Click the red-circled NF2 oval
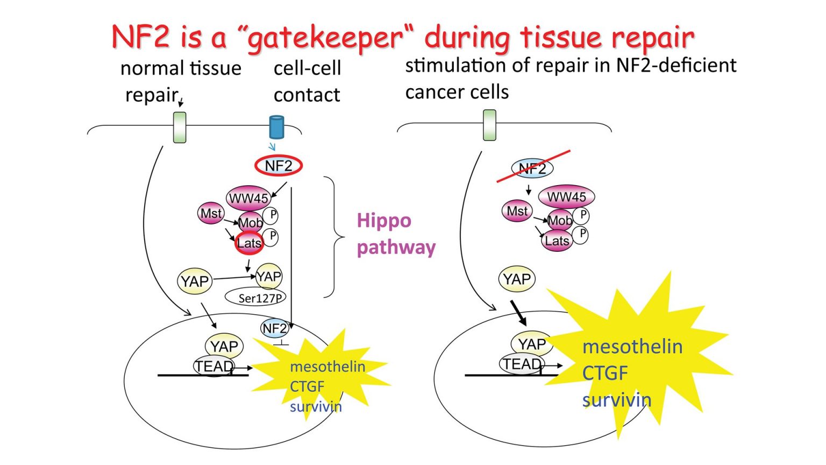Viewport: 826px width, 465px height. point(279,166)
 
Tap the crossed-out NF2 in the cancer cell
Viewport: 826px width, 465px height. point(532,168)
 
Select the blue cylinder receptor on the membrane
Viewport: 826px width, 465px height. point(276,128)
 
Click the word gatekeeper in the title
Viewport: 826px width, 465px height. point(326,38)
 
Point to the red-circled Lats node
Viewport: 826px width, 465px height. point(249,243)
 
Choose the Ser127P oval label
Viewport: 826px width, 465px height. point(255,297)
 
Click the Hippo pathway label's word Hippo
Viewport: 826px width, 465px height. point(384,221)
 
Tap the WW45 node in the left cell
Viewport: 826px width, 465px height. point(248,198)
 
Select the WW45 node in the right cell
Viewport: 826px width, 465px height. point(566,197)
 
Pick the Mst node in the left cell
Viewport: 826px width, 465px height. point(211,214)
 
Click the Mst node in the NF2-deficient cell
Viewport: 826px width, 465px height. point(517,212)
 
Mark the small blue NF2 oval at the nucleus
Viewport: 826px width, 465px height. point(274,328)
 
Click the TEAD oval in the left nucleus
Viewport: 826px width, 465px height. point(214,367)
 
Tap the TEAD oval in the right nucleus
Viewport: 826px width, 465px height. point(521,364)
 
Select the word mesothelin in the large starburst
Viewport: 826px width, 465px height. point(632,347)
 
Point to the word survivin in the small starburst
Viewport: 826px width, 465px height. point(316,406)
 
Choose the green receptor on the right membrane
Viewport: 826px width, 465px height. point(489,125)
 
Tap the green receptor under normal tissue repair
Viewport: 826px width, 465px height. point(180,128)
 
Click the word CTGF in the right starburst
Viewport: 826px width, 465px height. point(605,373)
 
